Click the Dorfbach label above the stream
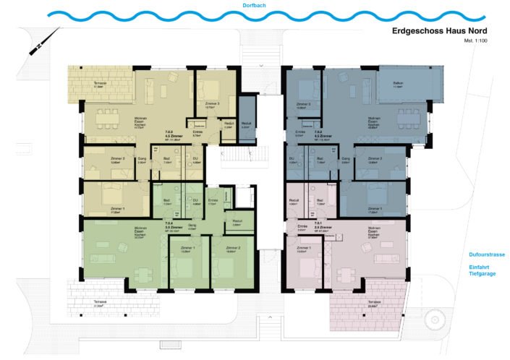point(255,5)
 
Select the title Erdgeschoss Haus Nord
point(439,31)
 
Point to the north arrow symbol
point(35,48)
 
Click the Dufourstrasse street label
point(485,255)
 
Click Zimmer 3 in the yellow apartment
point(213,90)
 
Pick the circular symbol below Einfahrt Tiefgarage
point(432,320)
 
